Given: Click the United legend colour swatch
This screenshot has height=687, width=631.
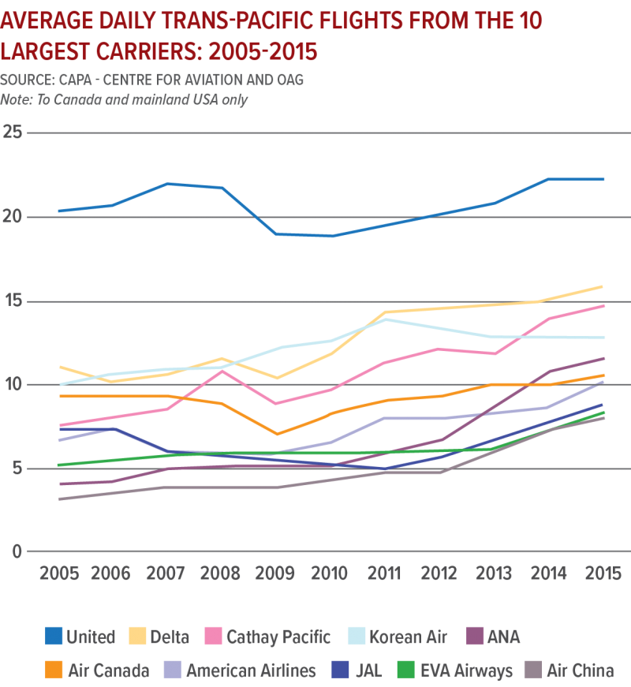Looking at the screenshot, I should [54, 637].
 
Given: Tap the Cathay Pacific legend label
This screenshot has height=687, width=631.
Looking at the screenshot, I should [278, 637].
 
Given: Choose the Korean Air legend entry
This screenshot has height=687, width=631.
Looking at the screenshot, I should [408, 637].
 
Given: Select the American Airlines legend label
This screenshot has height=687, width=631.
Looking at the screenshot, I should [251, 671].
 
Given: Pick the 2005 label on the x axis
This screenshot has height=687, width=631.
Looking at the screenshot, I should [59, 573].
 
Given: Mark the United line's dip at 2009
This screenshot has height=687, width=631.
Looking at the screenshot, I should [278, 233].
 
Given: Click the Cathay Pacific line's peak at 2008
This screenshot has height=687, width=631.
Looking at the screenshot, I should [223, 370].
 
